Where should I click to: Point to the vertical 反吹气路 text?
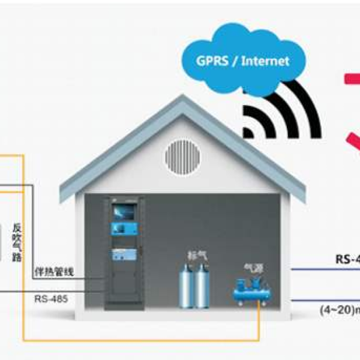point(16,242)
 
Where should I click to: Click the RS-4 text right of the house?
point(347,260)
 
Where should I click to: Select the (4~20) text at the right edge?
point(339,310)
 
